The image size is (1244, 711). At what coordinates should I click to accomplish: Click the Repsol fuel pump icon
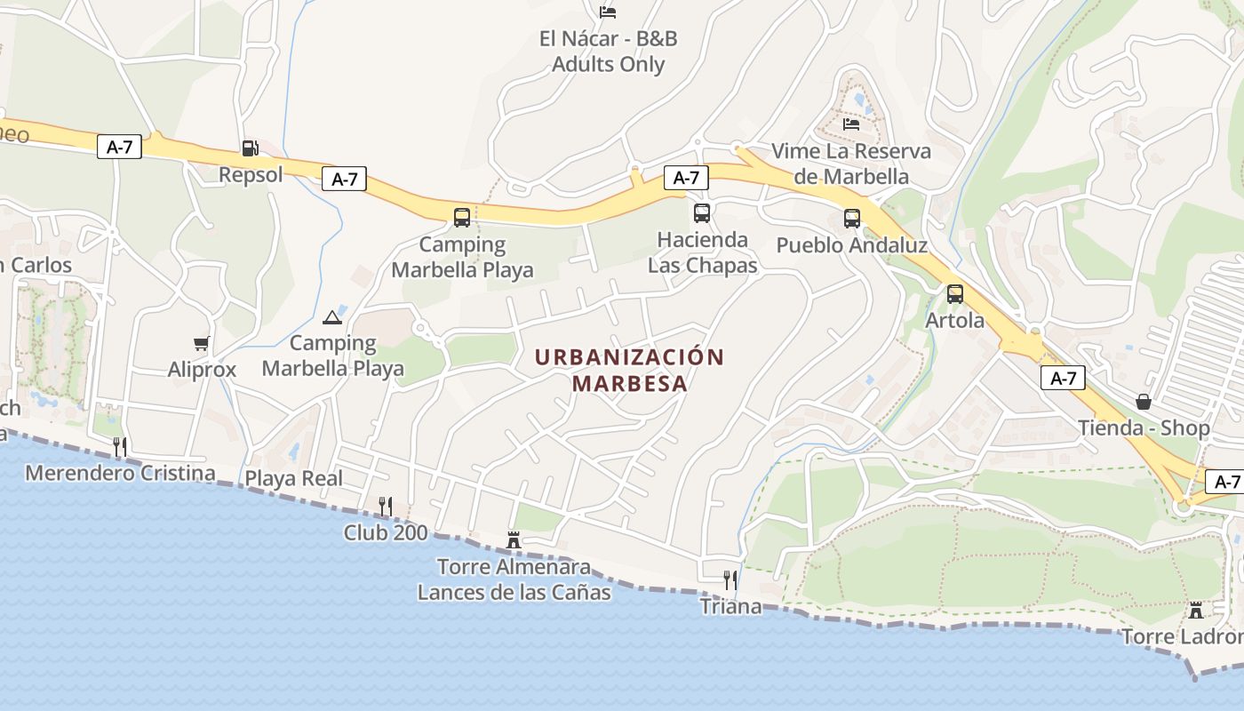pyautogui.click(x=250, y=148)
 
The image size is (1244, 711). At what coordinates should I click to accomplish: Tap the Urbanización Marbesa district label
pyautogui.click(x=629, y=370)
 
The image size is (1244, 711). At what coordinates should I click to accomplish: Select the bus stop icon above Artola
pyautogui.click(x=955, y=293)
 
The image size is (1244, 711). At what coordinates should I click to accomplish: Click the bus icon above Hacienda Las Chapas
pyautogui.click(x=702, y=213)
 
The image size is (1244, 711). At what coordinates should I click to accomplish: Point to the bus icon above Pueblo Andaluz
pyautogui.click(x=852, y=218)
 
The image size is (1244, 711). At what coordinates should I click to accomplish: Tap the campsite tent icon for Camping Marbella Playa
pyautogui.click(x=332, y=317)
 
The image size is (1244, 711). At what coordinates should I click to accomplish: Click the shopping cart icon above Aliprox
pyautogui.click(x=202, y=343)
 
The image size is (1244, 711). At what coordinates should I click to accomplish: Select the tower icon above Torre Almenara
pyautogui.click(x=514, y=539)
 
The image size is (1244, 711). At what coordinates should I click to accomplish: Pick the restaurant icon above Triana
pyautogui.click(x=730, y=580)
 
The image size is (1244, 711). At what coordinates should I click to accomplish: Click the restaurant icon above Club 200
pyautogui.click(x=386, y=507)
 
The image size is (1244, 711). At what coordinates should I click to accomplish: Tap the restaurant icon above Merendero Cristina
pyautogui.click(x=120, y=446)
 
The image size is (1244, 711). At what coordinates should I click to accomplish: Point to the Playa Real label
pyautogui.click(x=293, y=478)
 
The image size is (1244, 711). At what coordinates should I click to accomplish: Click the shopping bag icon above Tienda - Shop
pyautogui.click(x=1144, y=402)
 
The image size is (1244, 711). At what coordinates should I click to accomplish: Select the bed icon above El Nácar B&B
pyautogui.click(x=608, y=12)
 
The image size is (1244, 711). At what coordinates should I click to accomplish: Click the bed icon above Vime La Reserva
pyautogui.click(x=851, y=124)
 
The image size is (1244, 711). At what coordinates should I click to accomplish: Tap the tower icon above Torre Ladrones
pyautogui.click(x=1196, y=611)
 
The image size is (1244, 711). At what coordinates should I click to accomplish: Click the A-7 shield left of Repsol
pyautogui.click(x=119, y=147)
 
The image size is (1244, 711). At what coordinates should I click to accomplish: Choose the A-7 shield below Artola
pyautogui.click(x=1063, y=378)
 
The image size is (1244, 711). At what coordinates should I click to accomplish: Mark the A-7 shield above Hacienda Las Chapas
pyautogui.click(x=686, y=178)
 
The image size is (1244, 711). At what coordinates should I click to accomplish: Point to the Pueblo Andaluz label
pyautogui.click(x=851, y=244)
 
